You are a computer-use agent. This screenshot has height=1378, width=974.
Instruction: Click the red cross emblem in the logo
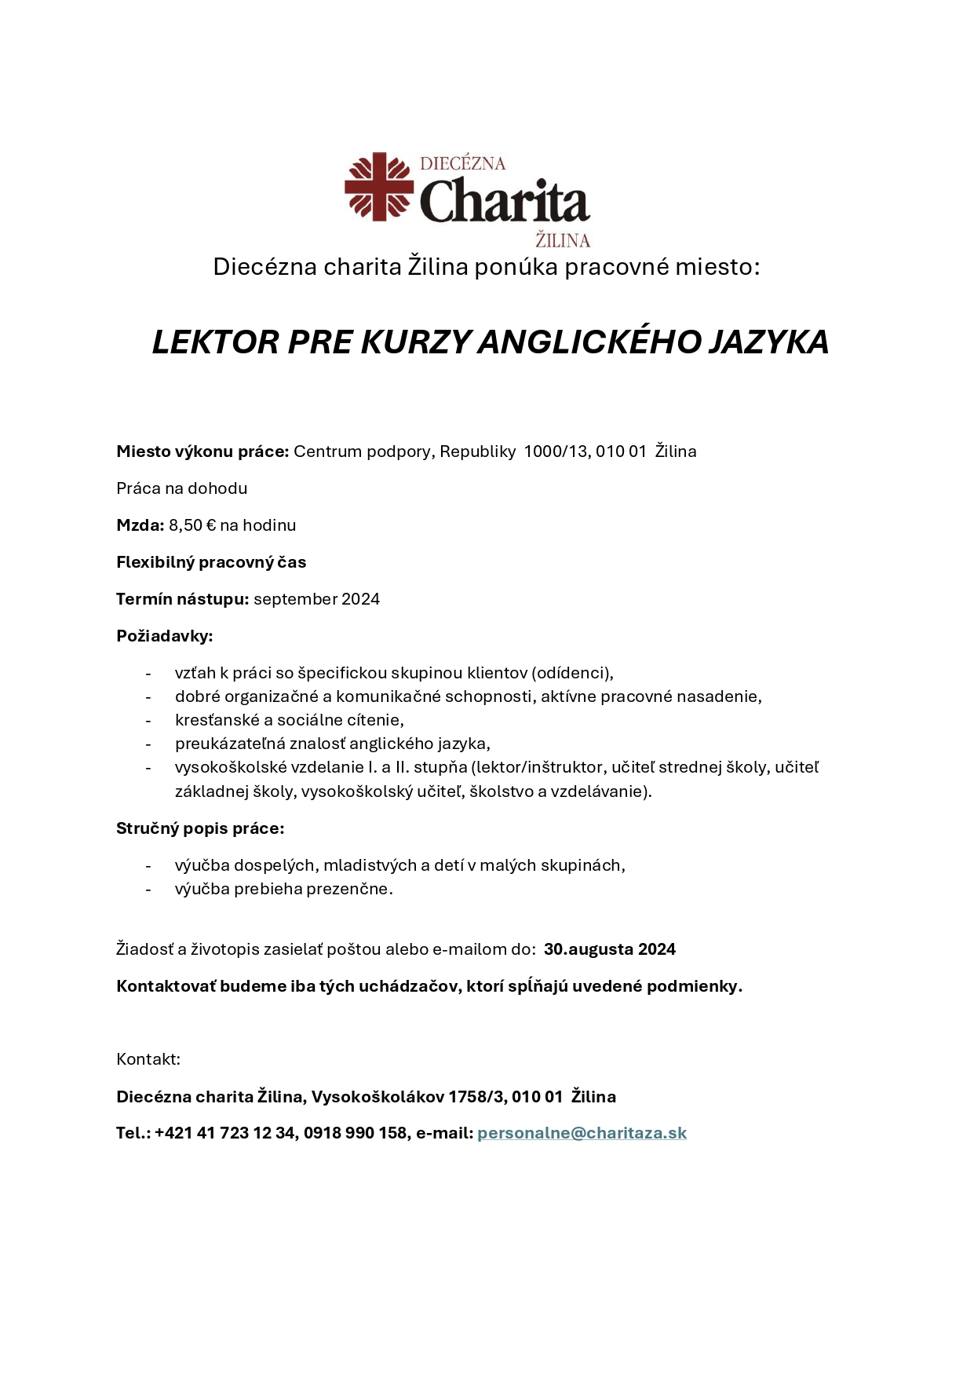point(379,186)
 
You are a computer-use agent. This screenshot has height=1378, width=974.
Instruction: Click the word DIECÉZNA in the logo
point(462,163)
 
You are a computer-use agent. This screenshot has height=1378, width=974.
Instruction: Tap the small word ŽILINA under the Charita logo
point(562,240)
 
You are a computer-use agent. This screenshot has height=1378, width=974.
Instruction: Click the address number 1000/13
point(556,451)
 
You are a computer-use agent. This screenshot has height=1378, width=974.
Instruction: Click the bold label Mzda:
point(140,525)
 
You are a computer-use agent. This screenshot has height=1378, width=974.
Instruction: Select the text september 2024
point(316,599)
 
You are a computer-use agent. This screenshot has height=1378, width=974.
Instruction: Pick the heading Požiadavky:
point(164,636)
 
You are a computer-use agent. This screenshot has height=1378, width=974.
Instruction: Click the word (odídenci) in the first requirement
point(572,673)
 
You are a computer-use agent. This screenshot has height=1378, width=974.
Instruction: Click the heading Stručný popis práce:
point(200,828)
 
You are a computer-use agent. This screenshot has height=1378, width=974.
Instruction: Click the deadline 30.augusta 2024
point(609,949)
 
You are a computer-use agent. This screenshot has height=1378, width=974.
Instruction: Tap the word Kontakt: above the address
point(148,1059)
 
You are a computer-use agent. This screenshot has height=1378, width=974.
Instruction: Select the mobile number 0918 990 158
point(355,1133)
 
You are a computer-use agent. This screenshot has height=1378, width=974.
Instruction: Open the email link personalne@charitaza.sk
point(582,1133)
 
